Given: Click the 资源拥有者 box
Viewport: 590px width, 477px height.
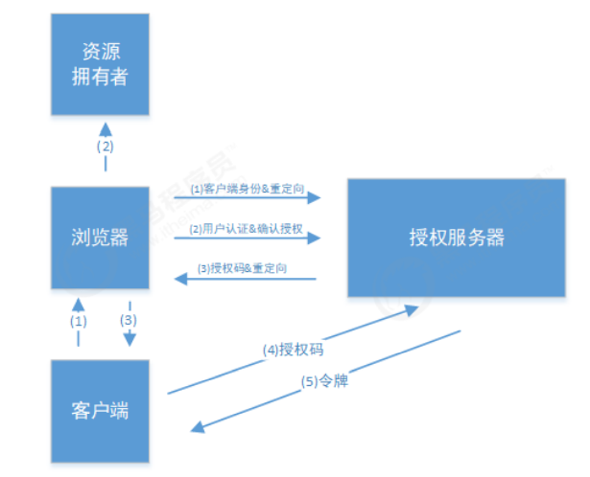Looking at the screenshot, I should [x=100, y=63].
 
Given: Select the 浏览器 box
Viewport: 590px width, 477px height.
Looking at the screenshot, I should [x=100, y=237].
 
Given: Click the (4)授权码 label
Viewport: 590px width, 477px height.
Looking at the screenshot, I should [x=292, y=349].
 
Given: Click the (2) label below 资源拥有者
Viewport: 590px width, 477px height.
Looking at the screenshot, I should [x=106, y=148].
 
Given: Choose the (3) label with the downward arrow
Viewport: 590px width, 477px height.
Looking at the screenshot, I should [x=130, y=320].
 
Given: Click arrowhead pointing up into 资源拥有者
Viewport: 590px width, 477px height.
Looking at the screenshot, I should [x=106, y=128].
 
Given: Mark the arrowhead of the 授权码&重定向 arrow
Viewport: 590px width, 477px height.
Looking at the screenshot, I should [x=177, y=279].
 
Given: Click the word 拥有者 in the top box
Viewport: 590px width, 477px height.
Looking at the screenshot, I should [x=100, y=76].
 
